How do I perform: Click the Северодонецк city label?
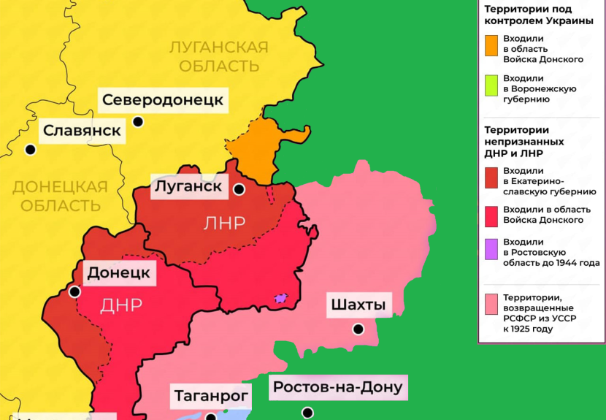click(162, 100)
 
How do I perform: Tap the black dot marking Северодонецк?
click(138, 122)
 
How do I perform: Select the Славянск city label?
click(82, 131)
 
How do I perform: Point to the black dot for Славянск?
click(30, 150)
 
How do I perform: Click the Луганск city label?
click(188, 186)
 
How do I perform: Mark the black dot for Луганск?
click(239, 190)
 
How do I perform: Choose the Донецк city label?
click(118, 273)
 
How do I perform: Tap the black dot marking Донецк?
click(74, 292)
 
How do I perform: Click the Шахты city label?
click(357, 304)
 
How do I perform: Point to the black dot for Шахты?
click(358, 329)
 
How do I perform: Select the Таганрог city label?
click(212, 397)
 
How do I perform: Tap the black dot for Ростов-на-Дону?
click(309, 413)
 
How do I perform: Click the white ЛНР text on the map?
click(225, 224)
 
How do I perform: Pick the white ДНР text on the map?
click(121, 305)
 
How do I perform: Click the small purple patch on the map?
click(280, 298)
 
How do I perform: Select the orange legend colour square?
click(491, 45)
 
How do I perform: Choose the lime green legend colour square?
click(491, 85)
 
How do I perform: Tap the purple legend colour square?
click(491, 248)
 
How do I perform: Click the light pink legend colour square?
click(491, 303)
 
